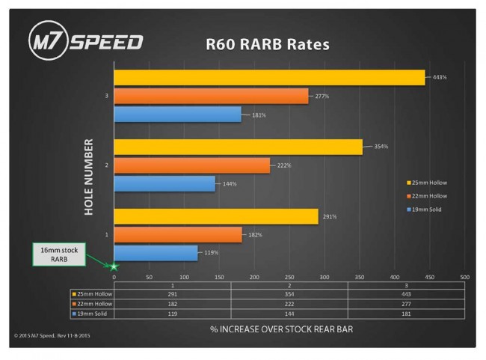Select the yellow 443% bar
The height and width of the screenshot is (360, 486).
(x=269, y=78)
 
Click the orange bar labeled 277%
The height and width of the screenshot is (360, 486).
(x=211, y=96)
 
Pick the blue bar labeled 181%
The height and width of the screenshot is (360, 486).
(x=177, y=115)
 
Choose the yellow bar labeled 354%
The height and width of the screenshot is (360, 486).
(x=238, y=147)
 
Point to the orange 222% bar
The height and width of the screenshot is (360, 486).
(x=191, y=165)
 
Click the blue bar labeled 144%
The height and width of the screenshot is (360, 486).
(x=164, y=183)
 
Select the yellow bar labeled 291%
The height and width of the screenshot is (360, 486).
(x=216, y=216)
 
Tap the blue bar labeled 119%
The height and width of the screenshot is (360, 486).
(x=156, y=252)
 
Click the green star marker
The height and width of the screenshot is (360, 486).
(x=114, y=266)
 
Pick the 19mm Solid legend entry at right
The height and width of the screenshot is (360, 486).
(x=424, y=209)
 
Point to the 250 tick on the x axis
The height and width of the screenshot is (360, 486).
(x=289, y=276)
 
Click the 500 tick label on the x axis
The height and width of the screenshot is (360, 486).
(x=464, y=276)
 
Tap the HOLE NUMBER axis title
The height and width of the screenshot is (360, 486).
(x=89, y=177)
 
